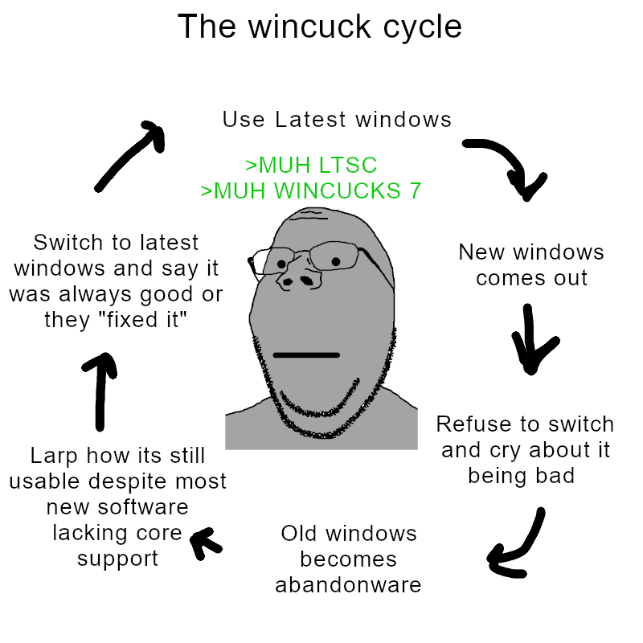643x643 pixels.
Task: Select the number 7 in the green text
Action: (415, 191)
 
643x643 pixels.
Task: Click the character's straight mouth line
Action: (307, 354)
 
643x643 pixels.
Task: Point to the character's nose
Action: (297, 281)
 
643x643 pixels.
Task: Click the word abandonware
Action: (348, 585)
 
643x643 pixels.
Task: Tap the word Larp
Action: (56, 456)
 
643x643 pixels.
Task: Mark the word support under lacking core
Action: (117, 558)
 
